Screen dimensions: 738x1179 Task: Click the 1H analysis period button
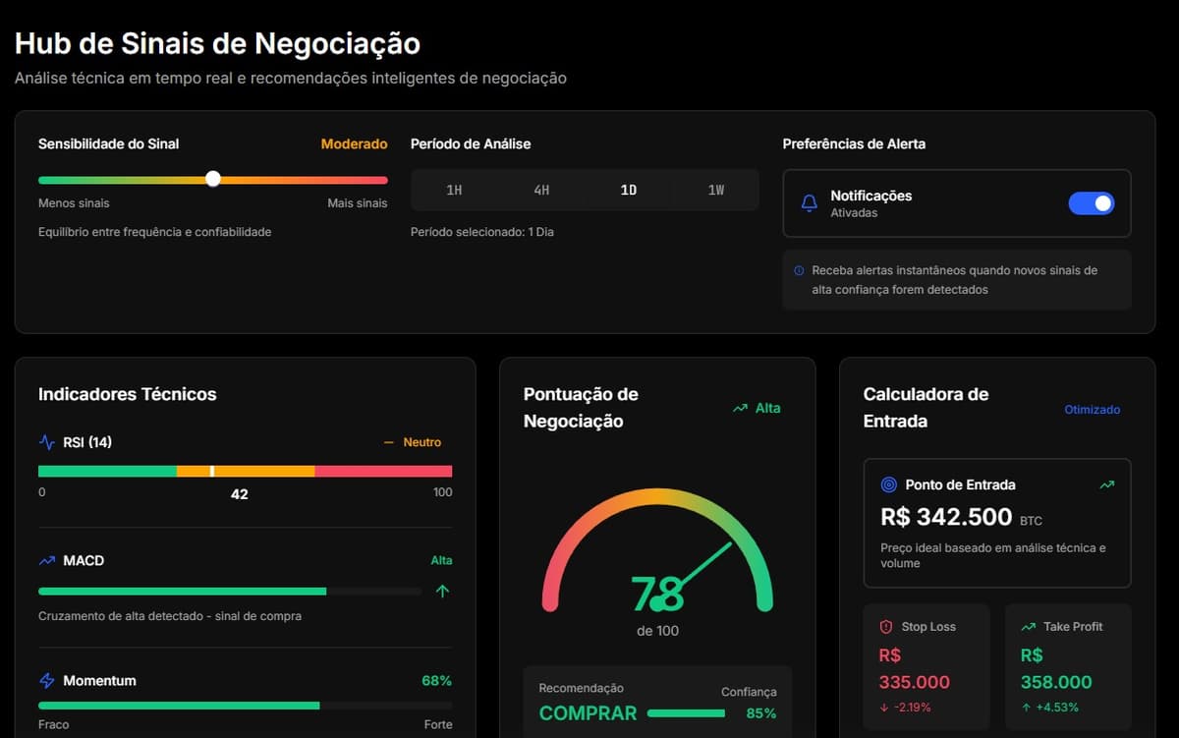point(454,190)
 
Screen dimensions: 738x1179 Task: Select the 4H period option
point(541,190)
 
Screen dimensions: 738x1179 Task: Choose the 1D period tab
point(629,190)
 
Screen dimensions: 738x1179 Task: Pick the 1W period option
point(716,190)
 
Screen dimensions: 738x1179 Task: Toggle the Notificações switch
point(1091,203)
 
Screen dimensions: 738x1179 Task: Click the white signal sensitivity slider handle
point(213,179)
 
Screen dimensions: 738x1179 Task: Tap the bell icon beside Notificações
point(810,203)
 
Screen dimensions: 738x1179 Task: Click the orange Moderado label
point(354,143)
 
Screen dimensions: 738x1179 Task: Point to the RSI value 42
point(240,494)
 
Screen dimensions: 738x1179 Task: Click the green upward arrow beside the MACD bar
point(442,592)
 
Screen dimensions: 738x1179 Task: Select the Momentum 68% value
point(436,680)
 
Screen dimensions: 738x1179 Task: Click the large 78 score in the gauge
point(657,595)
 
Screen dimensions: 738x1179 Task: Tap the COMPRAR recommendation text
point(588,713)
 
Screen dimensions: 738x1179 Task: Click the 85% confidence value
point(760,713)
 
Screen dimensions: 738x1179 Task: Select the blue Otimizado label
point(1092,410)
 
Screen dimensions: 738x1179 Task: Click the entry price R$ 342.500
point(946,517)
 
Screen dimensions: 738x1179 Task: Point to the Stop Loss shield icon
point(885,627)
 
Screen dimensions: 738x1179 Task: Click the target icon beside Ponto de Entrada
point(889,484)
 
